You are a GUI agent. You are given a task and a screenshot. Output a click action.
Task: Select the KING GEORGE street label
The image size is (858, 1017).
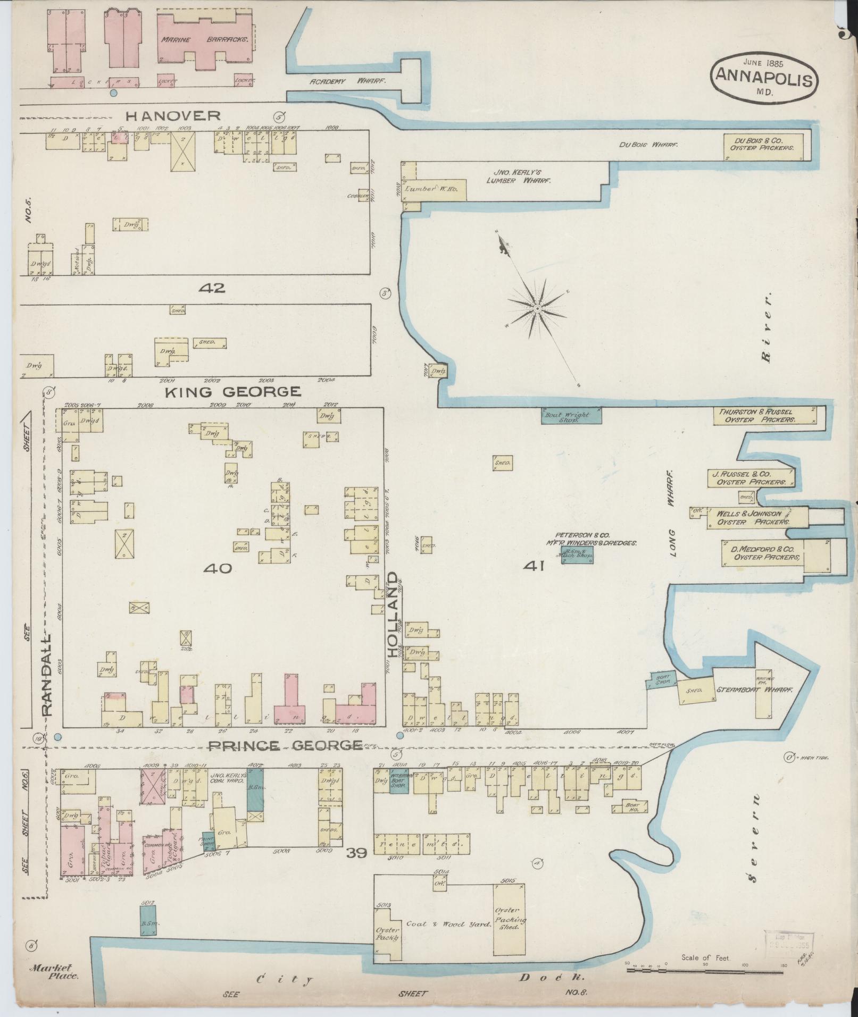click(233, 392)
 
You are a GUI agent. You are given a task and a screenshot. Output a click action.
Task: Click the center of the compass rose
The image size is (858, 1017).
click(537, 308)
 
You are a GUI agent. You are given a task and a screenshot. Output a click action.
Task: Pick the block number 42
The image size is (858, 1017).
click(211, 288)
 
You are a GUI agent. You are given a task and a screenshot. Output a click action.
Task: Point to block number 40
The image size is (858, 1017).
click(218, 569)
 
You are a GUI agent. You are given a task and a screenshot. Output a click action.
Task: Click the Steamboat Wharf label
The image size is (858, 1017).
click(754, 690)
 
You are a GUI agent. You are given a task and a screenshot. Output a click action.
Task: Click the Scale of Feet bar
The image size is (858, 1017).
click(705, 970)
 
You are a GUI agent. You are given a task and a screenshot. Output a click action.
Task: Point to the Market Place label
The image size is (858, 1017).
click(55, 971)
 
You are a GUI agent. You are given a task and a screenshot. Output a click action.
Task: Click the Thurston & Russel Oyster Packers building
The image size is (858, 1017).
click(765, 415)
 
